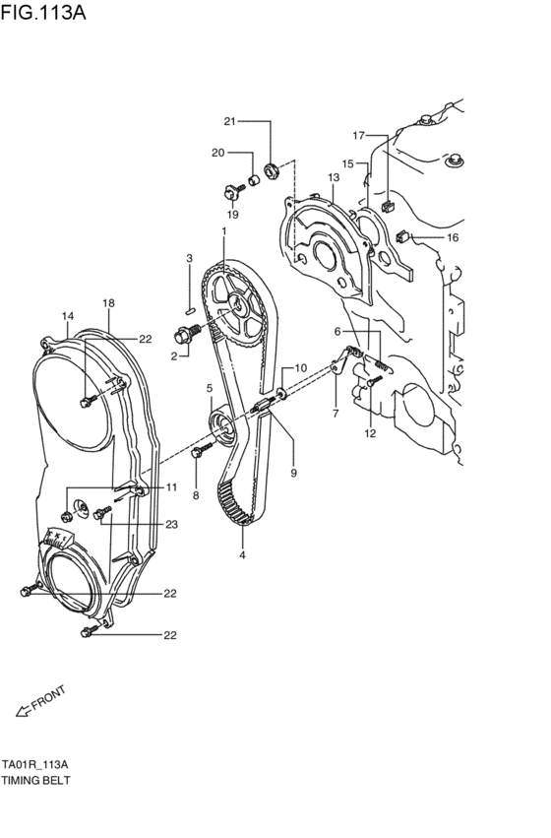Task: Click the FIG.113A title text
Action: (42, 11)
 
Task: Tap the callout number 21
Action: (229, 121)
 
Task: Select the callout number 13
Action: (334, 177)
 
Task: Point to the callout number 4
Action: (242, 554)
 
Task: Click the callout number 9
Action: (293, 473)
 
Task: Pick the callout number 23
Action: (171, 524)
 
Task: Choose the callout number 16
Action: (453, 237)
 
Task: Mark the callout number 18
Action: (108, 303)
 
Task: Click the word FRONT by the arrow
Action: (48, 697)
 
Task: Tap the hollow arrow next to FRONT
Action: (23, 711)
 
